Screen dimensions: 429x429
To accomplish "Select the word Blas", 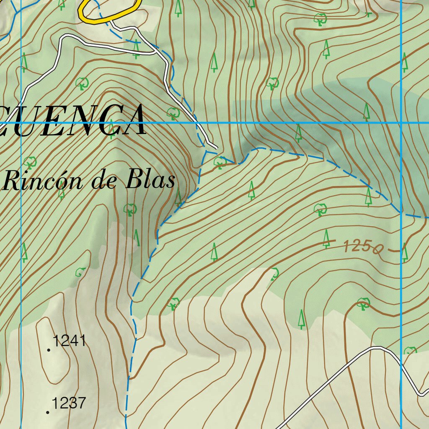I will (150, 181).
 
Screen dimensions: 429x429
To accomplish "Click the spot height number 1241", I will (70, 341).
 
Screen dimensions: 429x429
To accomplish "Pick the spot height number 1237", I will (69, 403).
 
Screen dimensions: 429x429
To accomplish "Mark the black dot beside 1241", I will (49, 350).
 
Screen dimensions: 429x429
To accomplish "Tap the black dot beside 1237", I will (48, 413).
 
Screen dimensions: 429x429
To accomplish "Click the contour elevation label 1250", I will (362, 247).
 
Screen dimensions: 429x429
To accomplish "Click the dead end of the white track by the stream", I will (216, 147).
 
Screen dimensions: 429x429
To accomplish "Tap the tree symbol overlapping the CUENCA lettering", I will (111, 128).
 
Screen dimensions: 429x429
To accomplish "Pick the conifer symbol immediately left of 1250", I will (326, 239).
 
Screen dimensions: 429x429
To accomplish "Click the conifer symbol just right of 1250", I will (404, 252).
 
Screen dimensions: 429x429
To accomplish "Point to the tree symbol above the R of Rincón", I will (30, 161).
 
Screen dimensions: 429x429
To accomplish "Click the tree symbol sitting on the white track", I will (136, 49).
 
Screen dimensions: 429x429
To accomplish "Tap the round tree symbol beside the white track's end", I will (220, 163).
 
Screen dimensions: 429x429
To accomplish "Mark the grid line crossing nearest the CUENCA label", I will (21, 123).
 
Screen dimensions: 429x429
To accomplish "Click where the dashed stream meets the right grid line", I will (401, 212).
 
